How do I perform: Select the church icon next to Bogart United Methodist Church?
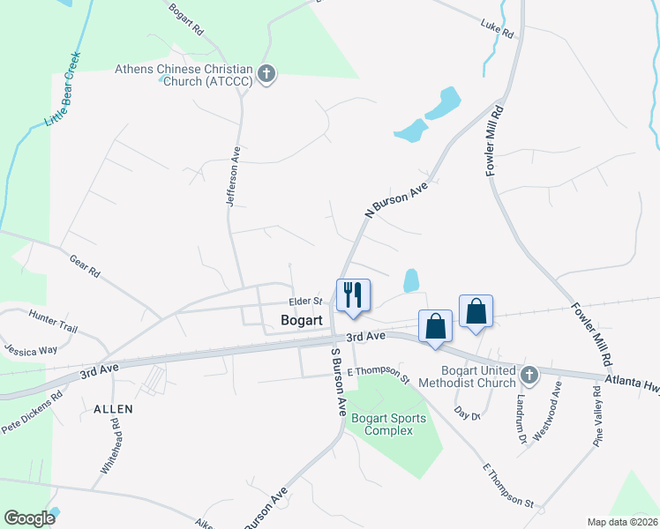coord(529,376)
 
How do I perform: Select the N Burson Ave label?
coord(396,199)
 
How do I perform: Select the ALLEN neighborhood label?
coord(112,409)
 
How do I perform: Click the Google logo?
coord(29,518)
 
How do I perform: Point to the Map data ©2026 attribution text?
coord(621,522)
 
